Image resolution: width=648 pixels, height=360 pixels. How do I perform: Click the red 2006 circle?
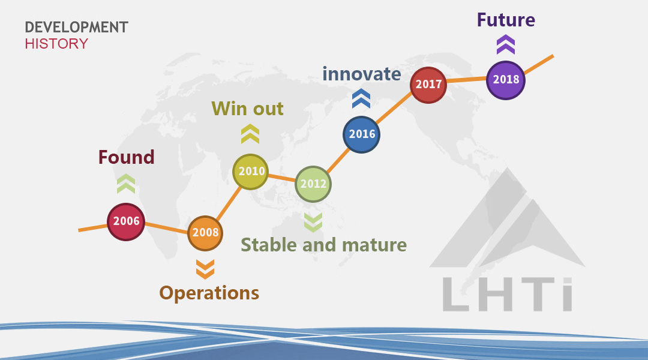tap(126, 221)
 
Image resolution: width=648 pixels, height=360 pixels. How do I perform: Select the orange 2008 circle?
tap(205, 233)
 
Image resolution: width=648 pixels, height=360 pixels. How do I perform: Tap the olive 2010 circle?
tap(250, 172)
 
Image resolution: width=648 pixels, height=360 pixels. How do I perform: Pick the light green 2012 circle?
tap(313, 184)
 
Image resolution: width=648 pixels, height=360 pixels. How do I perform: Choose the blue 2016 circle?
tap(361, 135)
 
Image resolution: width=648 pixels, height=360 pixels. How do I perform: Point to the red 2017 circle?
tap(428, 85)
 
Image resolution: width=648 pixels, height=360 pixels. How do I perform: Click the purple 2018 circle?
tap(505, 80)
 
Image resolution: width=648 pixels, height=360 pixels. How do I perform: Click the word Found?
tap(127, 157)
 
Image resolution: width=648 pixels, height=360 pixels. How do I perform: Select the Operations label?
tap(209, 293)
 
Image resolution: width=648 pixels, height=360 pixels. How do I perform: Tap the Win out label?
tap(247, 109)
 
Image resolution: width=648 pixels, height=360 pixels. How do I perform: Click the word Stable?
tap(269, 245)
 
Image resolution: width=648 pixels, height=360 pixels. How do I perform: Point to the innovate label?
tap(362, 74)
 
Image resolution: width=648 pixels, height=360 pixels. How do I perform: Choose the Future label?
tap(506, 20)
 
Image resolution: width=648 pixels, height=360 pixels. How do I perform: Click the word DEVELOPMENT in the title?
tap(76, 27)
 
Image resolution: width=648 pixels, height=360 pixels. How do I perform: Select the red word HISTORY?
tap(56, 43)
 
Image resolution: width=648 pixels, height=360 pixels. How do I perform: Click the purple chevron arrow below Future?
tap(505, 44)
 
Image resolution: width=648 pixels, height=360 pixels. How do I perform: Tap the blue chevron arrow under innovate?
tap(361, 98)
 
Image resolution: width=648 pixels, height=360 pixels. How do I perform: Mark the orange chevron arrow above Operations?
tap(205, 269)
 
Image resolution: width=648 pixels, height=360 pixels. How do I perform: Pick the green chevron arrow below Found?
tap(126, 184)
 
